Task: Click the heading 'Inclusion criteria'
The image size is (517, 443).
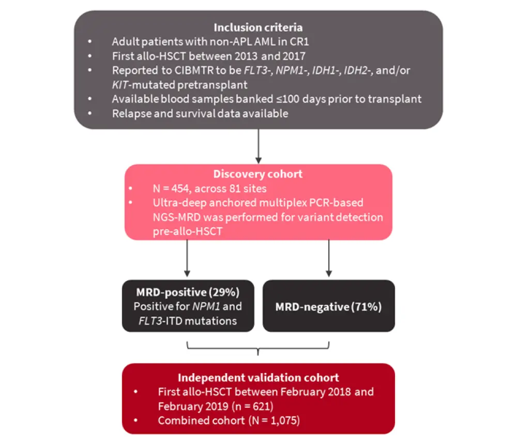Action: pyautogui.click(x=258, y=27)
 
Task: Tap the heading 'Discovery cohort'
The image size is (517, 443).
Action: pyautogui.click(x=258, y=174)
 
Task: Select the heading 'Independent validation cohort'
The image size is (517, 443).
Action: pyautogui.click(x=258, y=378)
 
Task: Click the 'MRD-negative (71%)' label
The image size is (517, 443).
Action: pyautogui.click(x=329, y=307)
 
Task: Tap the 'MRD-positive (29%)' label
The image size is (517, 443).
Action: pyautogui.click(x=188, y=291)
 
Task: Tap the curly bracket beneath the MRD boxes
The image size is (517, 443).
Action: pyautogui.click(x=258, y=351)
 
